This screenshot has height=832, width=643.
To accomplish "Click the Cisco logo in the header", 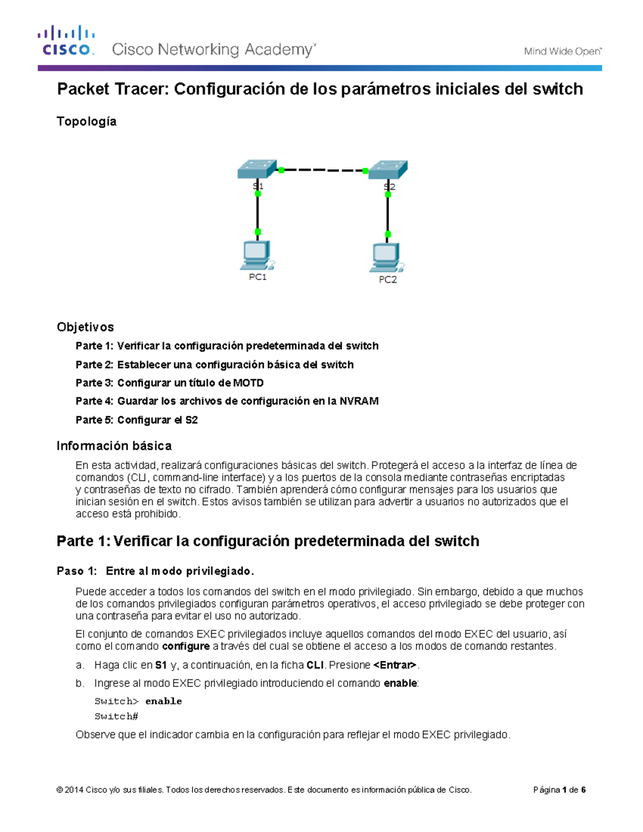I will (x=66, y=41).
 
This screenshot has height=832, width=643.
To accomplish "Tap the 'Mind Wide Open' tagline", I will (x=562, y=51).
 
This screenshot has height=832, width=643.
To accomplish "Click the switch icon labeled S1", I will (x=257, y=169).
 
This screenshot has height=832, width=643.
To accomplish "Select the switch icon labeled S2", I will (x=388, y=170).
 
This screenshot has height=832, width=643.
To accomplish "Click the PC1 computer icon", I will (x=257, y=256).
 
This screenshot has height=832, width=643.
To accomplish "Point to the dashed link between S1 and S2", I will (x=323, y=170).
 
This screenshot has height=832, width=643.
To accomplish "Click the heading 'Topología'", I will (x=86, y=122).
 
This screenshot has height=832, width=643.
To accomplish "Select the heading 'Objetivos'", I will (x=85, y=327).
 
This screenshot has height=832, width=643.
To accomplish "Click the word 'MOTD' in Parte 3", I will (x=248, y=383).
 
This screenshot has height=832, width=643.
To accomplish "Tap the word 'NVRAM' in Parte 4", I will (x=359, y=401).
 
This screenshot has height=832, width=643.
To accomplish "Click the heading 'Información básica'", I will (x=114, y=446).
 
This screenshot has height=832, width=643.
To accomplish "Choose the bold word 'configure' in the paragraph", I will (x=185, y=646).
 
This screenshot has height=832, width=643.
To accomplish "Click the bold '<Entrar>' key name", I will (x=395, y=665).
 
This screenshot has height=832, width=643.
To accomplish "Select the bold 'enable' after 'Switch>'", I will (x=163, y=701).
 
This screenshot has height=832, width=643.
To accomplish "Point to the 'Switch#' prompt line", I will (x=116, y=716).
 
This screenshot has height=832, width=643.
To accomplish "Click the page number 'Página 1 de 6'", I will (x=559, y=790).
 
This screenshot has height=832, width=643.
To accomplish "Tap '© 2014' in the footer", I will (x=70, y=790).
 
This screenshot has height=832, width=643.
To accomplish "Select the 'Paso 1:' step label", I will (x=77, y=571).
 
